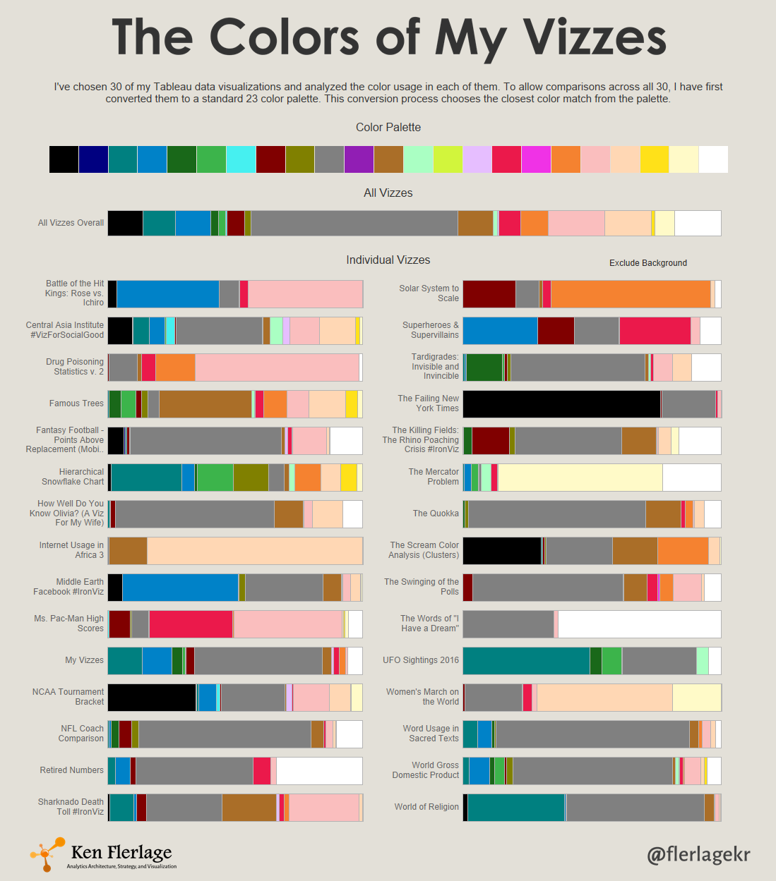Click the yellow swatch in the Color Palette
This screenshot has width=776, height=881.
(654, 159)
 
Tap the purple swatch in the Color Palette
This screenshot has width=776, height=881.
(359, 159)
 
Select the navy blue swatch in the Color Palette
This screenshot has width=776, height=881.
(94, 159)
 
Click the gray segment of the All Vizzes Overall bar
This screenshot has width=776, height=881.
(354, 223)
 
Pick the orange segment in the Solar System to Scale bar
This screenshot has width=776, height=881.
(631, 294)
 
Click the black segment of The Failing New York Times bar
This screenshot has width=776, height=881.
(561, 404)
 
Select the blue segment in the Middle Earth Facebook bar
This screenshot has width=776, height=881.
(180, 587)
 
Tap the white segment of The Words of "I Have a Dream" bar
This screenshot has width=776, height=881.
(639, 624)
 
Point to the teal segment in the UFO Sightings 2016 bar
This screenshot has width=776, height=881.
(526, 660)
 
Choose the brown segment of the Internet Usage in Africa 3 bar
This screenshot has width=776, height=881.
(128, 550)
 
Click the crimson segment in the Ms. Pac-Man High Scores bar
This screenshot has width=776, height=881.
(191, 624)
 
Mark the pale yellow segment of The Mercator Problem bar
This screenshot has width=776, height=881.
(580, 477)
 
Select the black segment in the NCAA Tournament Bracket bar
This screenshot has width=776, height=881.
(152, 697)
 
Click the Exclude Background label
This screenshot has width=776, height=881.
(648, 263)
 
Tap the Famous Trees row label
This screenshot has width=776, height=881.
(76, 403)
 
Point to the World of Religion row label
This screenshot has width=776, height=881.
(426, 807)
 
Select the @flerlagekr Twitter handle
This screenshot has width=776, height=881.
(698, 854)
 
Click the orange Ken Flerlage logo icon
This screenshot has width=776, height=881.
(47, 854)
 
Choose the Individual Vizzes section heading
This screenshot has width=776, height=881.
(388, 260)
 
